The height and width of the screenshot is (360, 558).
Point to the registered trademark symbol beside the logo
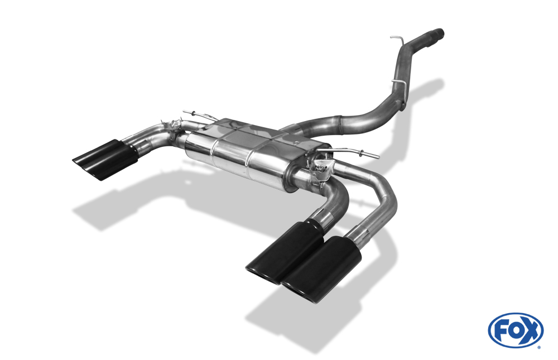[539, 347]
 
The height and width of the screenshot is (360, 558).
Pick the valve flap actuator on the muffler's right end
[322, 169]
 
